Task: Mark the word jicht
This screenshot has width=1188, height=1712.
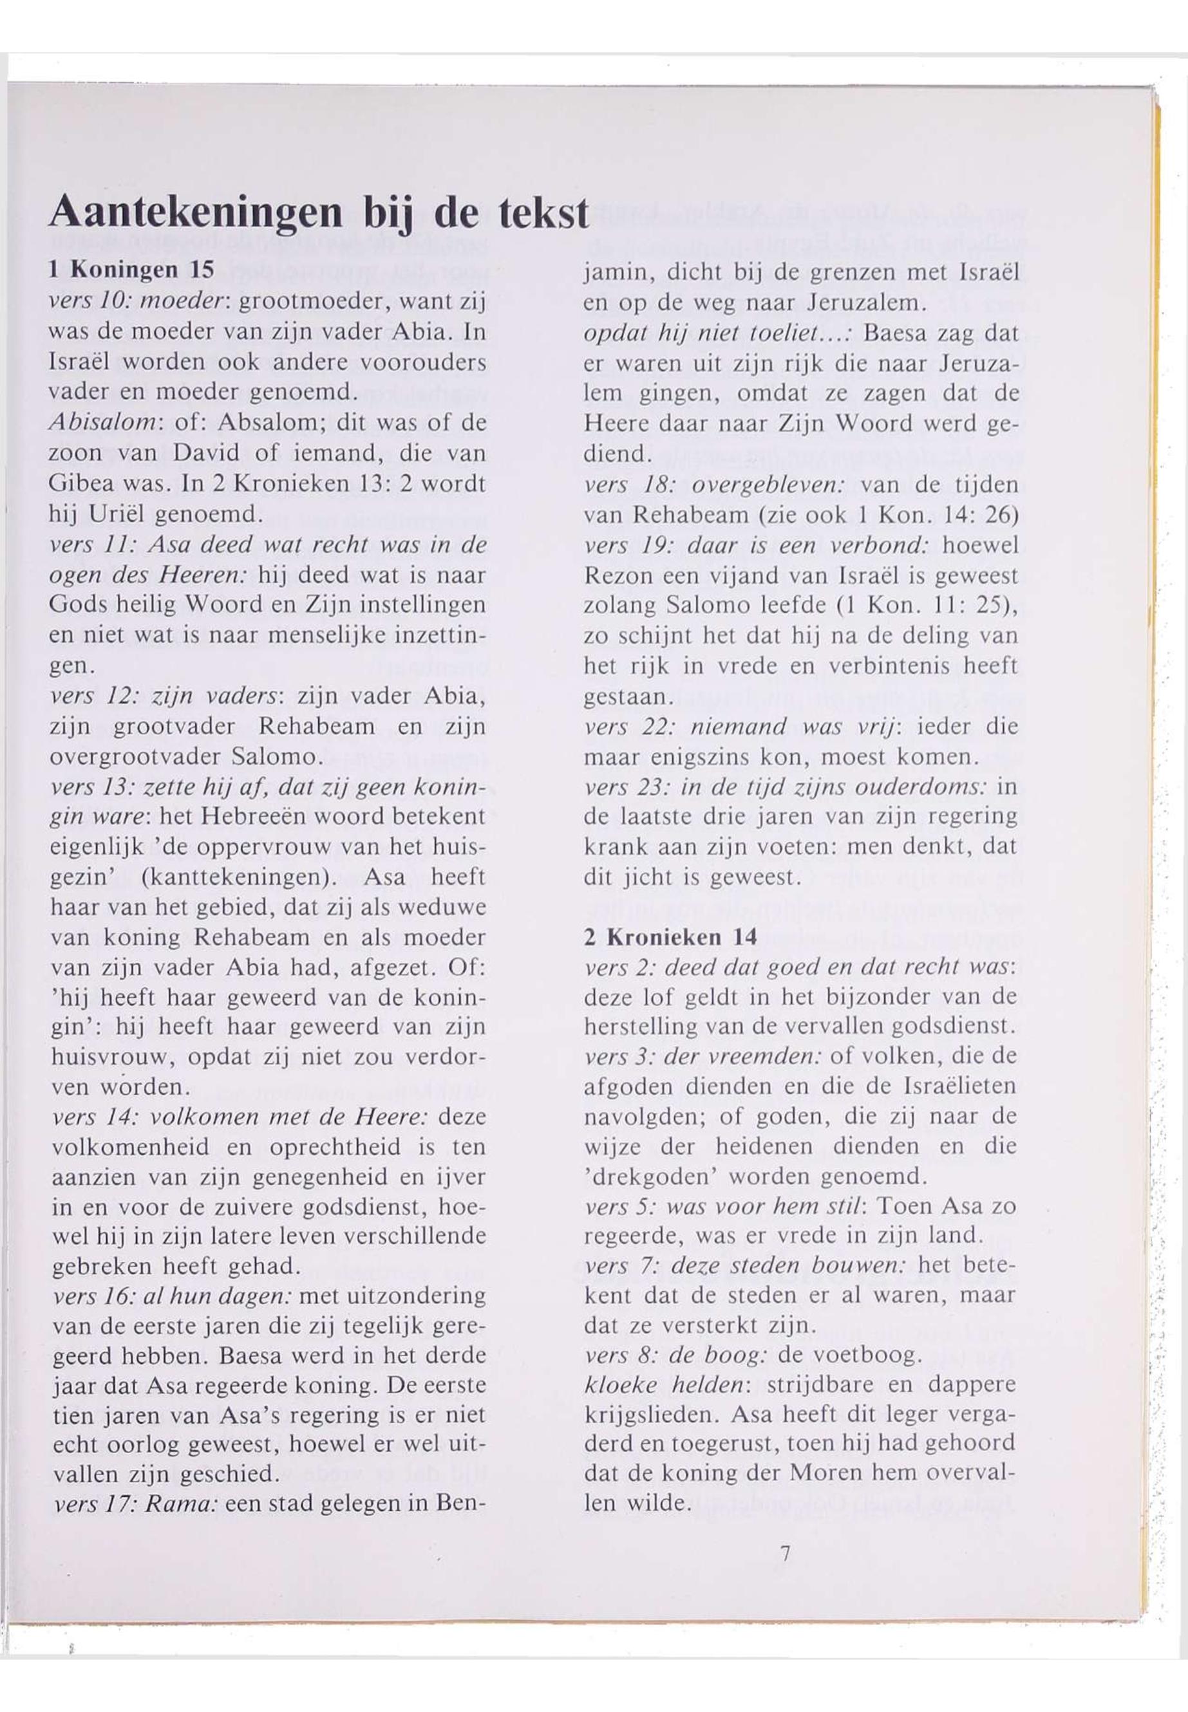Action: [x=643, y=877]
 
